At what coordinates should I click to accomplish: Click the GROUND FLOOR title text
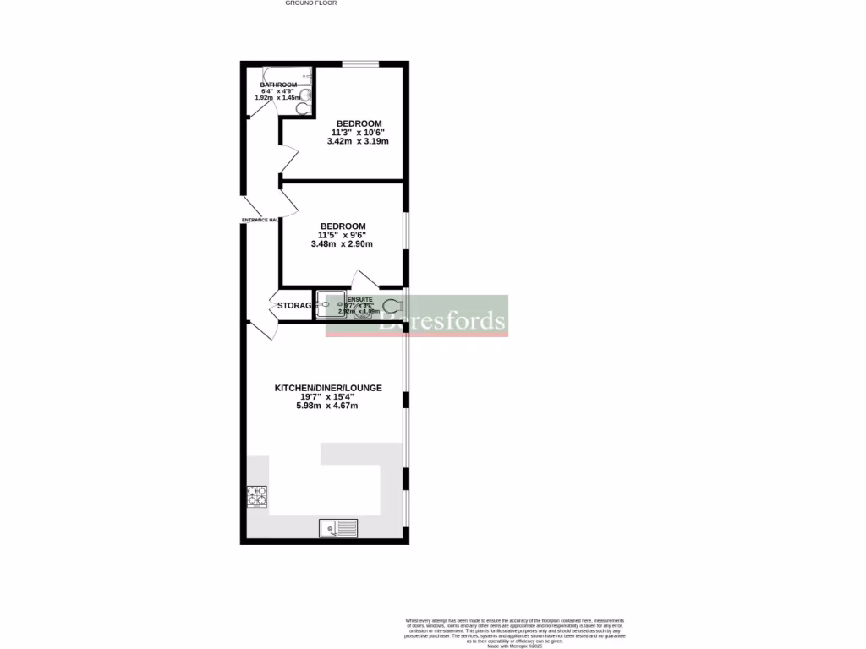pyautogui.click(x=310, y=3)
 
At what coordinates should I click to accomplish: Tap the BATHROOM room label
pyautogui.click(x=278, y=85)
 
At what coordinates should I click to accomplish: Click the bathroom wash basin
pyautogui.click(x=305, y=93)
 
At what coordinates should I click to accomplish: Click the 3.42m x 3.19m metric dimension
pyautogui.click(x=358, y=142)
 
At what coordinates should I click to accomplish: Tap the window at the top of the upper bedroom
pyautogui.click(x=360, y=63)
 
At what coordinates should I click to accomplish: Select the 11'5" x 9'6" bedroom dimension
pyautogui.click(x=342, y=235)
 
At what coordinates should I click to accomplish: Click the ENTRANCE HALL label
pyautogui.click(x=260, y=220)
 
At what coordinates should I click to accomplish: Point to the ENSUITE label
pyautogui.click(x=359, y=299)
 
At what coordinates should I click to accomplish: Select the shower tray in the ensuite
pyautogui.click(x=331, y=304)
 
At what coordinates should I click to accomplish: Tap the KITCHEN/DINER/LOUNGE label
pyautogui.click(x=328, y=388)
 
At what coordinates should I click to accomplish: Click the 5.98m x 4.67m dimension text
pyautogui.click(x=327, y=406)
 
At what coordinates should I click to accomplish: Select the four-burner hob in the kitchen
pyautogui.click(x=257, y=496)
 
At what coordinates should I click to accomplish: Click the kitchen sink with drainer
pyautogui.click(x=338, y=529)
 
